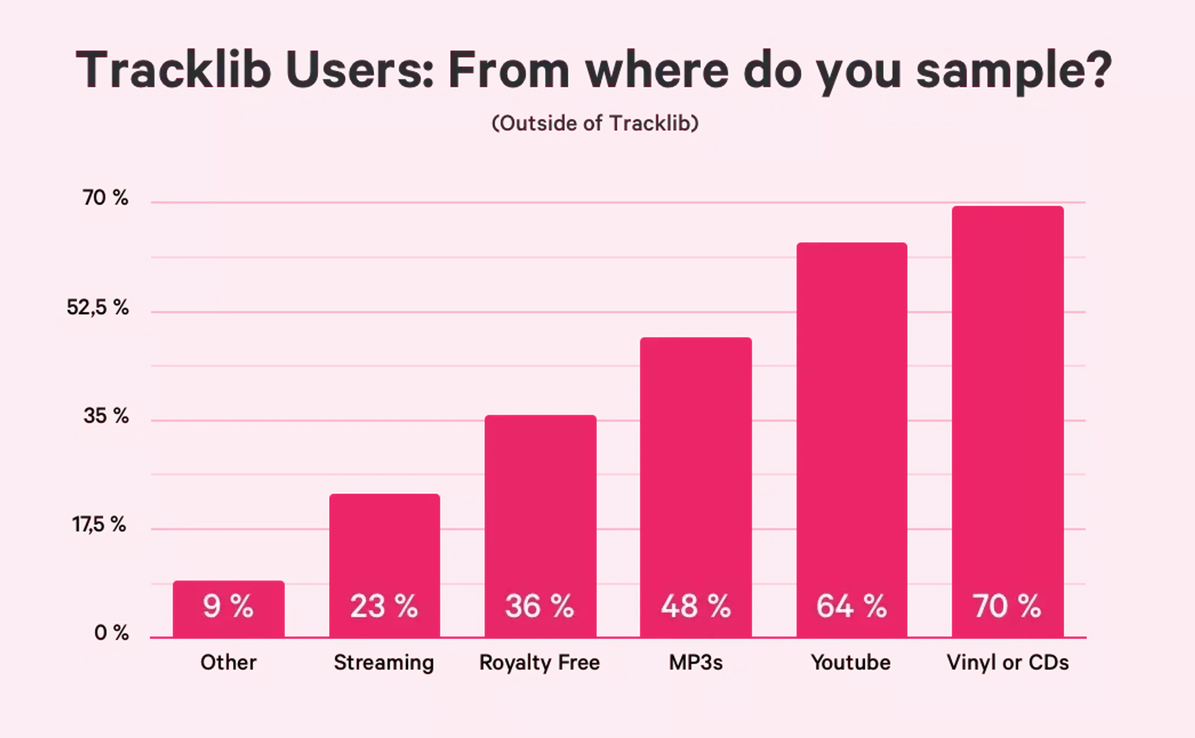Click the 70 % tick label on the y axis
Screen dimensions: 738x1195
[105, 198]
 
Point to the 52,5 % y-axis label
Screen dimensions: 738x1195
[97, 307]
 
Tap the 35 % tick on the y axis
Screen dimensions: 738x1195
[106, 415]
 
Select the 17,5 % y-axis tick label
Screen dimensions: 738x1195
[99, 524]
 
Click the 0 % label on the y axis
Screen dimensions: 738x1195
[111, 632]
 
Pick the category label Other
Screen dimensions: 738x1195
[228, 662]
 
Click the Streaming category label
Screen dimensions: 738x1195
[383, 662]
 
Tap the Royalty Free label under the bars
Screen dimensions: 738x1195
[539, 662]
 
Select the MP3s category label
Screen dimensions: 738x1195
[696, 662]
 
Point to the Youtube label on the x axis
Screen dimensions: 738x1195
[850, 662]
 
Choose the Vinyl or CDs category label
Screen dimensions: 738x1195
[1007, 662]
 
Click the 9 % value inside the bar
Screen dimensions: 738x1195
[228, 606]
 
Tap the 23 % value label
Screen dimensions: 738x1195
[383, 606]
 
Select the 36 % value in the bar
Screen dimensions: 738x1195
[539, 606]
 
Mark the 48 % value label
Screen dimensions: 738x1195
[696, 606]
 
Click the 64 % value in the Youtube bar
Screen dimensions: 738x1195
[851, 606]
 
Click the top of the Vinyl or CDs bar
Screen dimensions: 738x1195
[1007, 206]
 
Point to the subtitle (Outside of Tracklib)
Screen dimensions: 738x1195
[595, 123]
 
